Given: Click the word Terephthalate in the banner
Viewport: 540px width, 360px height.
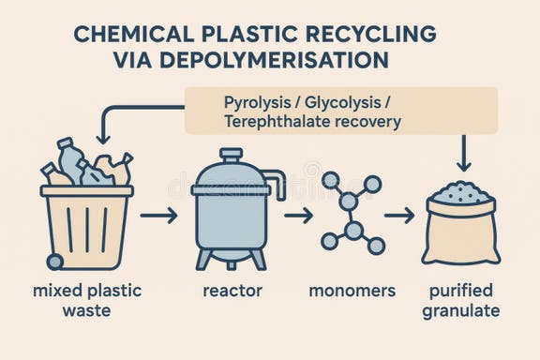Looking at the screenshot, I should pyautogui.click(x=277, y=121).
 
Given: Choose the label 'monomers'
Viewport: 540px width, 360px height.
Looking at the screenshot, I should pyautogui.click(x=352, y=290).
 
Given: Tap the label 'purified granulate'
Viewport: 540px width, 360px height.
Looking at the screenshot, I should pyautogui.click(x=460, y=300).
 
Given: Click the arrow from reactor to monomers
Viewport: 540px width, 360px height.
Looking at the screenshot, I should pyautogui.click(x=298, y=216).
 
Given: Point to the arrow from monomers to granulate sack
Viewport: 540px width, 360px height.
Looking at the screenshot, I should pyautogui.click(x=400, y=216).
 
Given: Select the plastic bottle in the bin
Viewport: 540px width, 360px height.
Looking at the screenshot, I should pyautogui.click(x=68, y=159).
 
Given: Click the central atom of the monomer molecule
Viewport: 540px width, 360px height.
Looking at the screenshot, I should pyautogui.click(x=352, y=229).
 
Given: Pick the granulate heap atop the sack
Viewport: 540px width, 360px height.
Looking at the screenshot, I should pyautogui.click(x=458, y=191).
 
